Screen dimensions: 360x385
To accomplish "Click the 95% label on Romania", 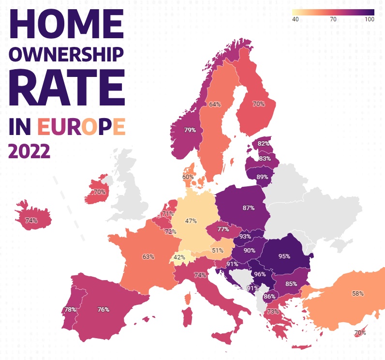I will point(284,256).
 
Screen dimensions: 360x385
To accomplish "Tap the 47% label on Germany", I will point(191,221).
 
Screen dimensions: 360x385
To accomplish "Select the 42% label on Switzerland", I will point(179,257).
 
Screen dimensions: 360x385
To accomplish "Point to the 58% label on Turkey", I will point(358,293).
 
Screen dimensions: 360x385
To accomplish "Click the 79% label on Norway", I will point(190,130).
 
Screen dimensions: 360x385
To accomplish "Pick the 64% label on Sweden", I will point(215,104).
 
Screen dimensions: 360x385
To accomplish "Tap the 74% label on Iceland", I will point(31,220).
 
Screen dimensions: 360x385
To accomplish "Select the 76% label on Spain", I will point(103,309).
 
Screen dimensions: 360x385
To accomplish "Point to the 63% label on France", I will point(148,256).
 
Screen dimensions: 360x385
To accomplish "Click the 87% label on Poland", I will point(249,208).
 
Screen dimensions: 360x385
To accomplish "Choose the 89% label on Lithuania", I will point(262,177).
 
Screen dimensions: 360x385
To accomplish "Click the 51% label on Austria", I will point(217,251).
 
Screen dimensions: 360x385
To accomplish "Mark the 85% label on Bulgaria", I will point(291,284).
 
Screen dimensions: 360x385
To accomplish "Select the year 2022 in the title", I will point(30,151).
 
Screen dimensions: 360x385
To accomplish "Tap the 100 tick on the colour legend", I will point(369,19).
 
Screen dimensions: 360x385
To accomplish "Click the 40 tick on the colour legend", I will point(295,19).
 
